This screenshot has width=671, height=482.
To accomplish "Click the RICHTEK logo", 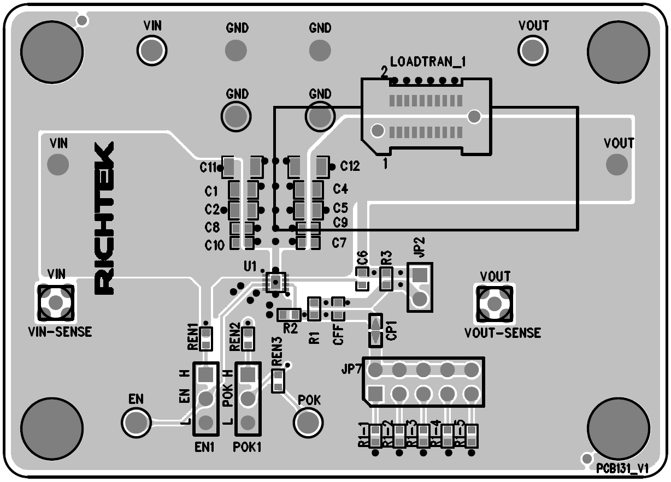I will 104,218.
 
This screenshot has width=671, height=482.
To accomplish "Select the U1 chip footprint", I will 275,281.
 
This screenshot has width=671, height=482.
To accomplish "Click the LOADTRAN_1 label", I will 427,62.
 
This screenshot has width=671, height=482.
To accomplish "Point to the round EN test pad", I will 136,421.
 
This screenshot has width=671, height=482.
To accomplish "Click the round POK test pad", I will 308,421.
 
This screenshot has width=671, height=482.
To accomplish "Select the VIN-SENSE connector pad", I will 55,301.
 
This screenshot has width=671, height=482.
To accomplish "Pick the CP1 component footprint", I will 375,330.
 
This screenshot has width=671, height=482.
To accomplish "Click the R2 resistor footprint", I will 289,314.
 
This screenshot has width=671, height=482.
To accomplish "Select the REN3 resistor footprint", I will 278,380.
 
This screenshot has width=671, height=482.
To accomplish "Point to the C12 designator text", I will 350,166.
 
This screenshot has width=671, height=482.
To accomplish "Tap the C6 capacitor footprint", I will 362,278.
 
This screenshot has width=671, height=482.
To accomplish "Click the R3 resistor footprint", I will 386,278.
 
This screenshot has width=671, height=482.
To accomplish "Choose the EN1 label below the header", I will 204,447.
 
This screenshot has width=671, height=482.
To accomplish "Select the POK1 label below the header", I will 248,447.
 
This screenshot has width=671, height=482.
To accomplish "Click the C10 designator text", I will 214,246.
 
